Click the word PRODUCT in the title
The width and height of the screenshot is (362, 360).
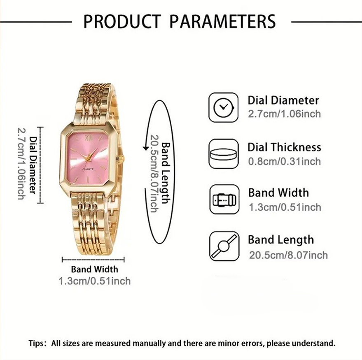click(x=122, y=21)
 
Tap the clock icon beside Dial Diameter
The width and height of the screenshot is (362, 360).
click(x=224, y=107)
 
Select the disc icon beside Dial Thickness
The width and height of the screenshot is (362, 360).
click(x=224, y=153)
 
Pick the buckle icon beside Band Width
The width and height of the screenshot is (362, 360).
click(x=224, y=200)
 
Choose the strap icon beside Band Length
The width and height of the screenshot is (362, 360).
click(x=224, y=246)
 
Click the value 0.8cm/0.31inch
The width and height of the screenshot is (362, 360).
click(x=285, y=161)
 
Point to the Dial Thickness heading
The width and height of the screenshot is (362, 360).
click(x=284, y=147)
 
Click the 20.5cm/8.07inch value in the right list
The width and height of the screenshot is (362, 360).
click(x=288, y=255)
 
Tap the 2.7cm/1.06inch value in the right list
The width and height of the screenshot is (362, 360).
click(x=285, y=114)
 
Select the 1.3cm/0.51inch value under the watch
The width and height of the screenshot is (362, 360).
click(x=95, y=281)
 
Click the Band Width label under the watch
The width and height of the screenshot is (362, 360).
click(x=94, y=269)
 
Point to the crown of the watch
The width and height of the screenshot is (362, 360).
click(x=121, y=159)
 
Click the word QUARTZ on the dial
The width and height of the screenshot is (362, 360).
click(x=88, y=170)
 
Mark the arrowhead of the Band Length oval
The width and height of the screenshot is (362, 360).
click(x=146, y=147)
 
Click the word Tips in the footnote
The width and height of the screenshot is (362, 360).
click(x=36, y=343)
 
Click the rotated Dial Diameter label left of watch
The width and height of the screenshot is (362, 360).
click(x=34, y=165)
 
